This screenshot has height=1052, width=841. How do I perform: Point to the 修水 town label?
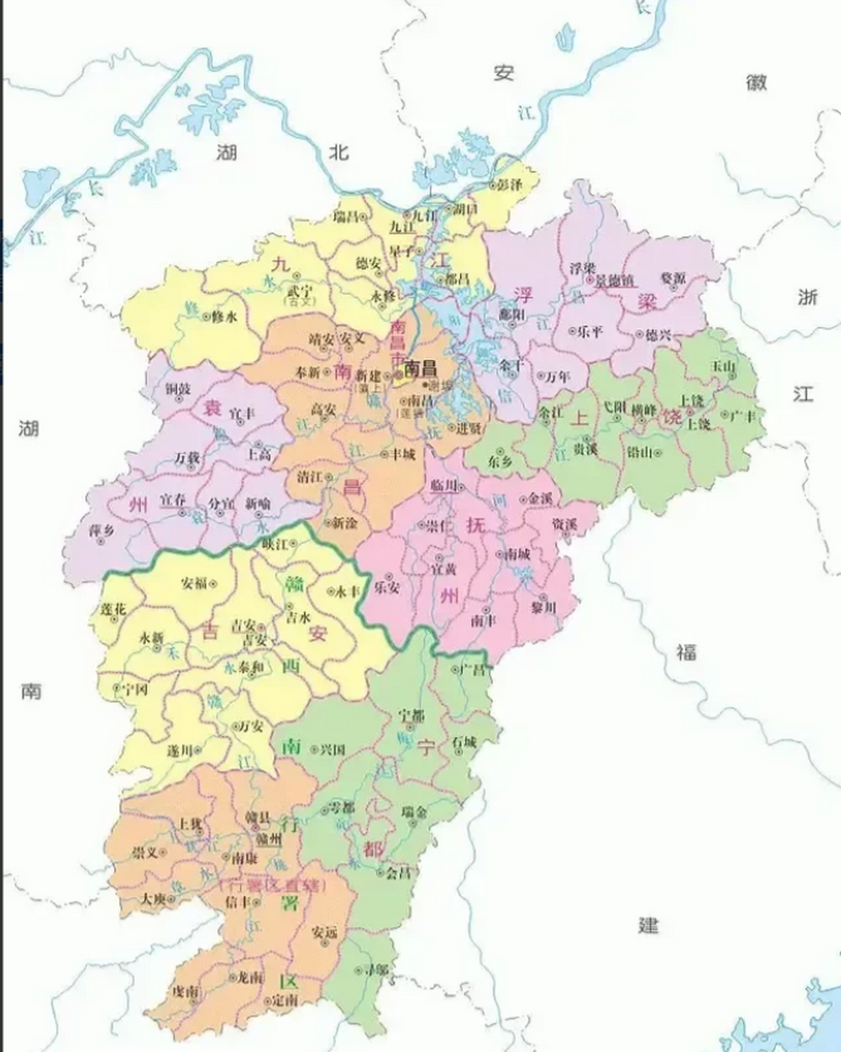pos(224,316)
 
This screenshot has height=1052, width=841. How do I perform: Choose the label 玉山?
pos(724,365)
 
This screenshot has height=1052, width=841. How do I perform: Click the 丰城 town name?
pos(403,453)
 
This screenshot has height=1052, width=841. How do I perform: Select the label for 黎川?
pos(544,607)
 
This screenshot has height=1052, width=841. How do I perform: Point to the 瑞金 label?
pos(414,811)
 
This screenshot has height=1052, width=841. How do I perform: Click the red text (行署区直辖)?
pos(272,885)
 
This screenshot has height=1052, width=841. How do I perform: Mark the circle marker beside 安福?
pos(214,584)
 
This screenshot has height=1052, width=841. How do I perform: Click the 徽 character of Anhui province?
pos(756,82)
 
